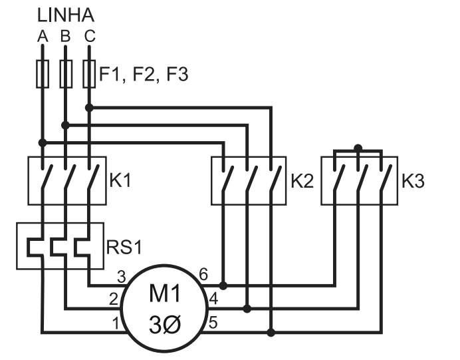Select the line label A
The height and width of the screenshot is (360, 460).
(43, 37)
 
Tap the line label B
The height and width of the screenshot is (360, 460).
(65, 37)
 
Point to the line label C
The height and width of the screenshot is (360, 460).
(89, 37)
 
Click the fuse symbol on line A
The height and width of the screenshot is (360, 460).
(43, 74)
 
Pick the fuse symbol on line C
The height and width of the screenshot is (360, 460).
(89, 74)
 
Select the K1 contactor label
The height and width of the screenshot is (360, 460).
(121, 181)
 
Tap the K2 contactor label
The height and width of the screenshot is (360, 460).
(302, 181)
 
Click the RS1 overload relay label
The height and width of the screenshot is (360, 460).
(124, 248)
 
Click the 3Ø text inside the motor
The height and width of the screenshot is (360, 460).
(163, 326)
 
